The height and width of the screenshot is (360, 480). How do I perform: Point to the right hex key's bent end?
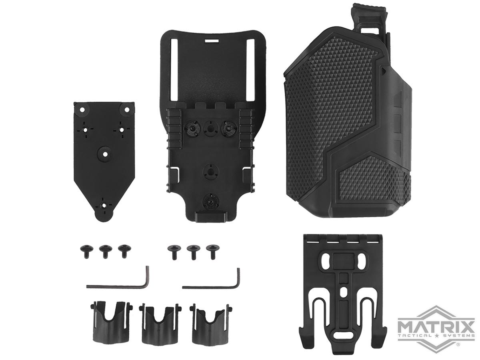pyautogui.click(x=238, y=278)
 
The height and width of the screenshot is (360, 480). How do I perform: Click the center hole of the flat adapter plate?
pyautogui.click(x=104, y=152)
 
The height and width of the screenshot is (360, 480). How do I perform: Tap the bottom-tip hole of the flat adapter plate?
pyautogui.click(x=104, y=206)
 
